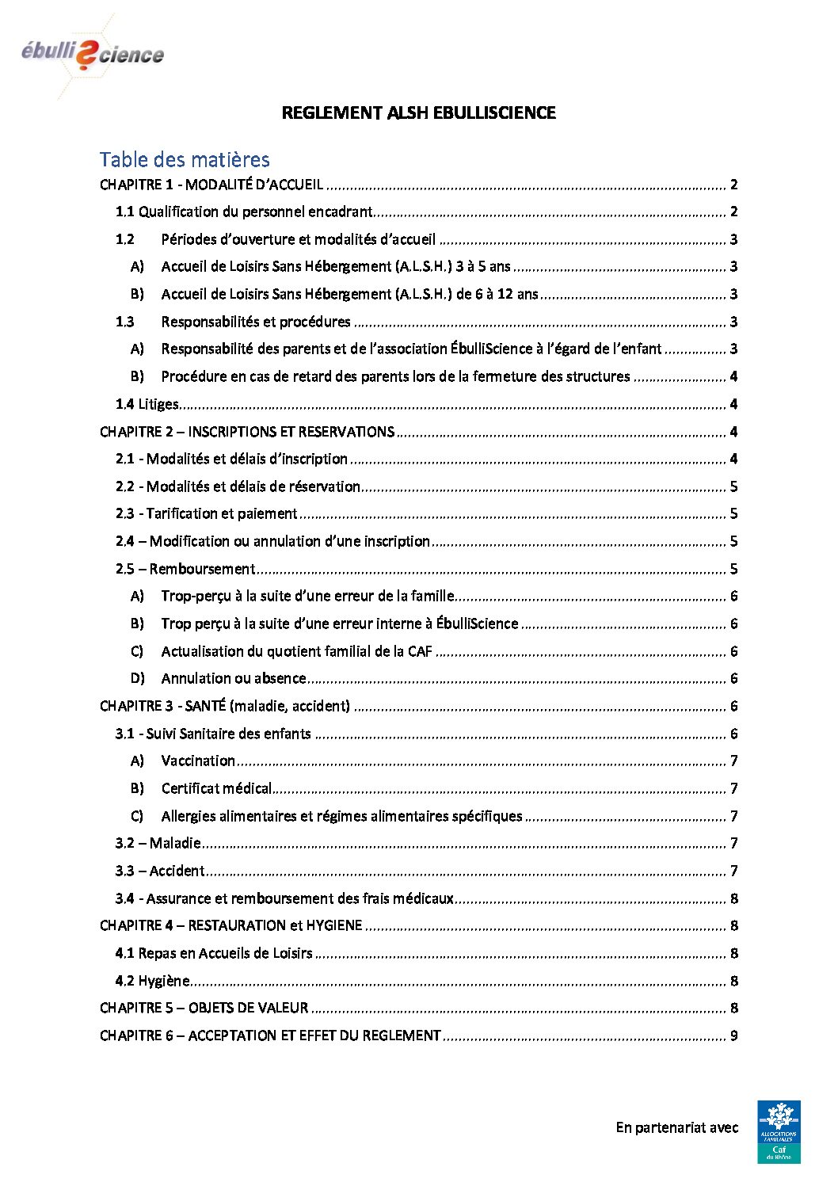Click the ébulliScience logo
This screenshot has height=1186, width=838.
click(93, 54)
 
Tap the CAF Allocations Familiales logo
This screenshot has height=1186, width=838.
click(779, 1131)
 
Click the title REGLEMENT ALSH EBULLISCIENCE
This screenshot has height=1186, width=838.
click(418, 113)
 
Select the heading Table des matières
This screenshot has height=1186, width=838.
click(185, 160)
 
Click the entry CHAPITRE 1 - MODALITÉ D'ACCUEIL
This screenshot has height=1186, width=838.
click(211, 185)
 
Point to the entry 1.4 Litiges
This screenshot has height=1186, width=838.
click(147, 404)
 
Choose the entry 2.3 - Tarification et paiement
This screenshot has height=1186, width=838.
click(207, 513)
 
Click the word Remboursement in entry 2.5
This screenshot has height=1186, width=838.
click(202, 569)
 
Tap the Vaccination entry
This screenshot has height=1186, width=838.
click(198, 761)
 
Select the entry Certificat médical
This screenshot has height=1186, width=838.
click(216, 788)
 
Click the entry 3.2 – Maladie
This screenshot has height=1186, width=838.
click(158, 843)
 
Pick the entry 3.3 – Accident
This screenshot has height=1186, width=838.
click(160, 871)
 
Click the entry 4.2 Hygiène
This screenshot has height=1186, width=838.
click(153, 981)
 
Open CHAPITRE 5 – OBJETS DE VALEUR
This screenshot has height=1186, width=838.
click(204, 1008)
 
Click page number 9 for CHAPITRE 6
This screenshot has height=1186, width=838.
click(734, 1035)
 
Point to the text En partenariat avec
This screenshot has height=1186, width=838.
click(676, 1127)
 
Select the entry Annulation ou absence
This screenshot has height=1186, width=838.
click(233, 678)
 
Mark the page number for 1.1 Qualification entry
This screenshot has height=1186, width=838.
click(734, 212)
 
